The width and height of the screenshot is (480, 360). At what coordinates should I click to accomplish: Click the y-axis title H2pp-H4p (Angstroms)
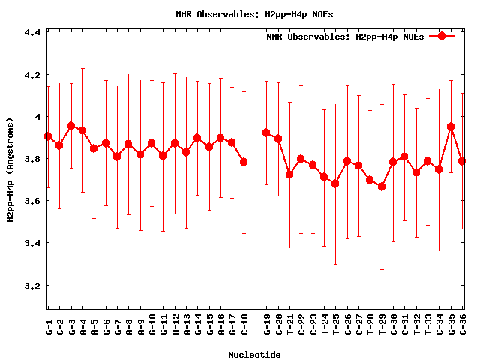(10, 169)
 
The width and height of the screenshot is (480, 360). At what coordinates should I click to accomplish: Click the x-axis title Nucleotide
(254, 355)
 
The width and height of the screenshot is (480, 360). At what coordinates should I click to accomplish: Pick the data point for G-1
(48, 136)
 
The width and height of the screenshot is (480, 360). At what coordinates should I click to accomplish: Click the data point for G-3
(71, 126)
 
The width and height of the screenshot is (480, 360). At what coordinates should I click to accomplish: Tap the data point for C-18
(244, 162)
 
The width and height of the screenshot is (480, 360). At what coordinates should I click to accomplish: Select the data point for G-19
(266, 133)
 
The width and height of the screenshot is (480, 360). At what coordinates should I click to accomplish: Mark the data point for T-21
(289, 175)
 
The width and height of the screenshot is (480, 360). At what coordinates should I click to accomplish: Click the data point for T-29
(382, 187)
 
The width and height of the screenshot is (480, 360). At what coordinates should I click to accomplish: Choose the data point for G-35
(451, 127)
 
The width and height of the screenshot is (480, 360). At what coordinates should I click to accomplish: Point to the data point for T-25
(335, 184)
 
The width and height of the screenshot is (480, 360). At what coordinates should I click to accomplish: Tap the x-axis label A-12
(175, 326)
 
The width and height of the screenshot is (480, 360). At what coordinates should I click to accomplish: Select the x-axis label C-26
(347, 326)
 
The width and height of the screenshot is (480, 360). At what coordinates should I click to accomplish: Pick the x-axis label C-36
(463, 326)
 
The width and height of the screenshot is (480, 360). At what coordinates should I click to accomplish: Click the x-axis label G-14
(198, 326)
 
